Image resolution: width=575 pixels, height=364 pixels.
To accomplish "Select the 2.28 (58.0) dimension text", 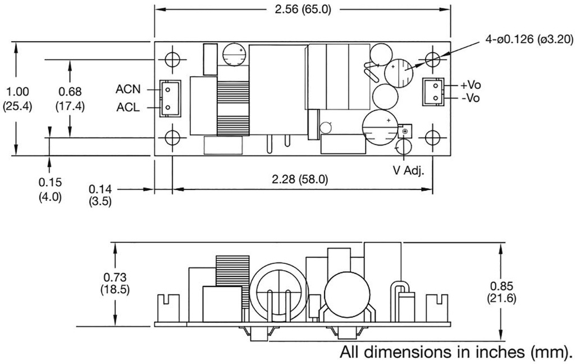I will tap(299, 179).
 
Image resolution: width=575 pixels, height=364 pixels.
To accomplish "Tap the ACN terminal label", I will tap(128, 89).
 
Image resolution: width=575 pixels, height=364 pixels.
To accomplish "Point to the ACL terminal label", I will tap(128, 107).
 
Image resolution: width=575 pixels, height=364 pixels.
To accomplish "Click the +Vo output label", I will tap(470, 86).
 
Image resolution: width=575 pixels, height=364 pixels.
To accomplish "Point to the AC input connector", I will tap(168, 98).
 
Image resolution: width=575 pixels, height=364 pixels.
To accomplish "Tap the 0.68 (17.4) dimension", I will tap(70, 98).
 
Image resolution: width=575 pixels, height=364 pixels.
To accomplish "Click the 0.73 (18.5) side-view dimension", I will tap(115, 283).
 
